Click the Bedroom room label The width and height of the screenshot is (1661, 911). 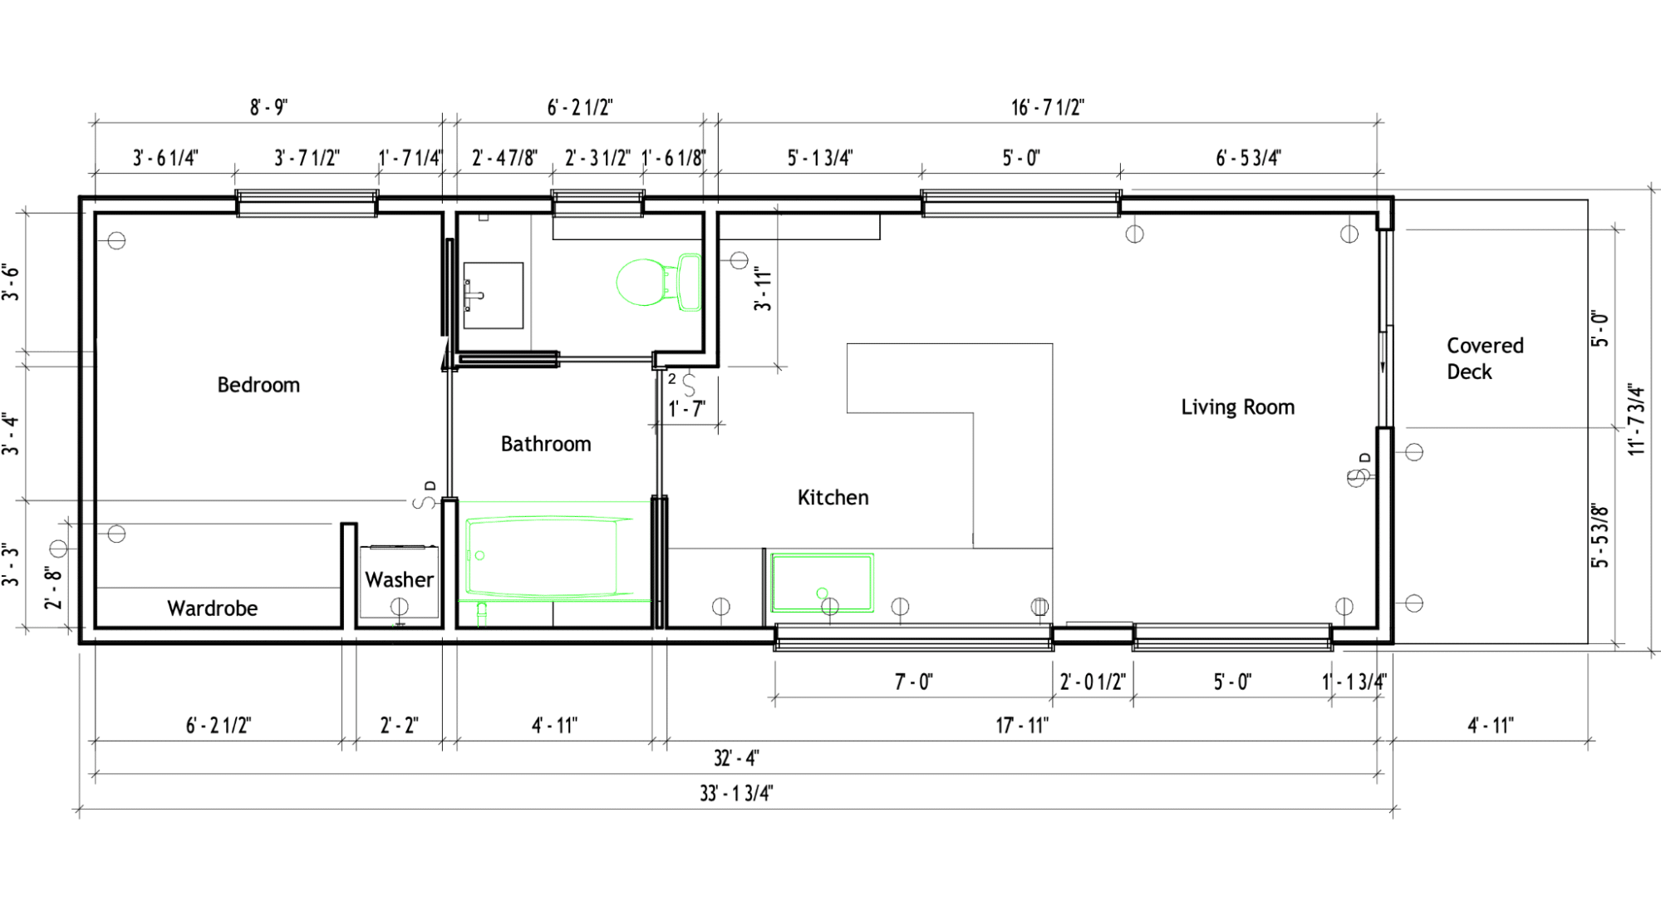[258, 385]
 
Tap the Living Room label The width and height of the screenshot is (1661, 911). [1238, 407]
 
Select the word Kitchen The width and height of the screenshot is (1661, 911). [833, 497]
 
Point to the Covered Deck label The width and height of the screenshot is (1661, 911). [1485, 358]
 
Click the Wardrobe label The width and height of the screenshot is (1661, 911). [213, 608]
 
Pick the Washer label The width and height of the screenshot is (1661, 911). [400, 579]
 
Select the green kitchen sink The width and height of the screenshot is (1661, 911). [822, 583]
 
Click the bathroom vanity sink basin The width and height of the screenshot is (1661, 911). [493, 295]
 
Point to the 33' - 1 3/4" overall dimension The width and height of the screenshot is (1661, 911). [736, 793]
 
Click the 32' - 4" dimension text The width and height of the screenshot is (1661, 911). [736, 758]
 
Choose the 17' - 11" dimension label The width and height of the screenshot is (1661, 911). [1022, 726]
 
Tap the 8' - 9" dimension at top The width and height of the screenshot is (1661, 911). [269, 107]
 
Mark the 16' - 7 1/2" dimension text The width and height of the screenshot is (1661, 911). [1048, 107]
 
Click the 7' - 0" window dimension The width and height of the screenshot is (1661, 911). [913, 682]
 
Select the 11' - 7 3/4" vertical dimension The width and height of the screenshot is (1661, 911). [1636, 419]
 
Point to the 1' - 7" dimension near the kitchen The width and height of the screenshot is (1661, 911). [687, 409]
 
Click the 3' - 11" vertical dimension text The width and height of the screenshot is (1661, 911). [763, 290]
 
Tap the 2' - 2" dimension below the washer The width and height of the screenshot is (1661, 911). [400, 726]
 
